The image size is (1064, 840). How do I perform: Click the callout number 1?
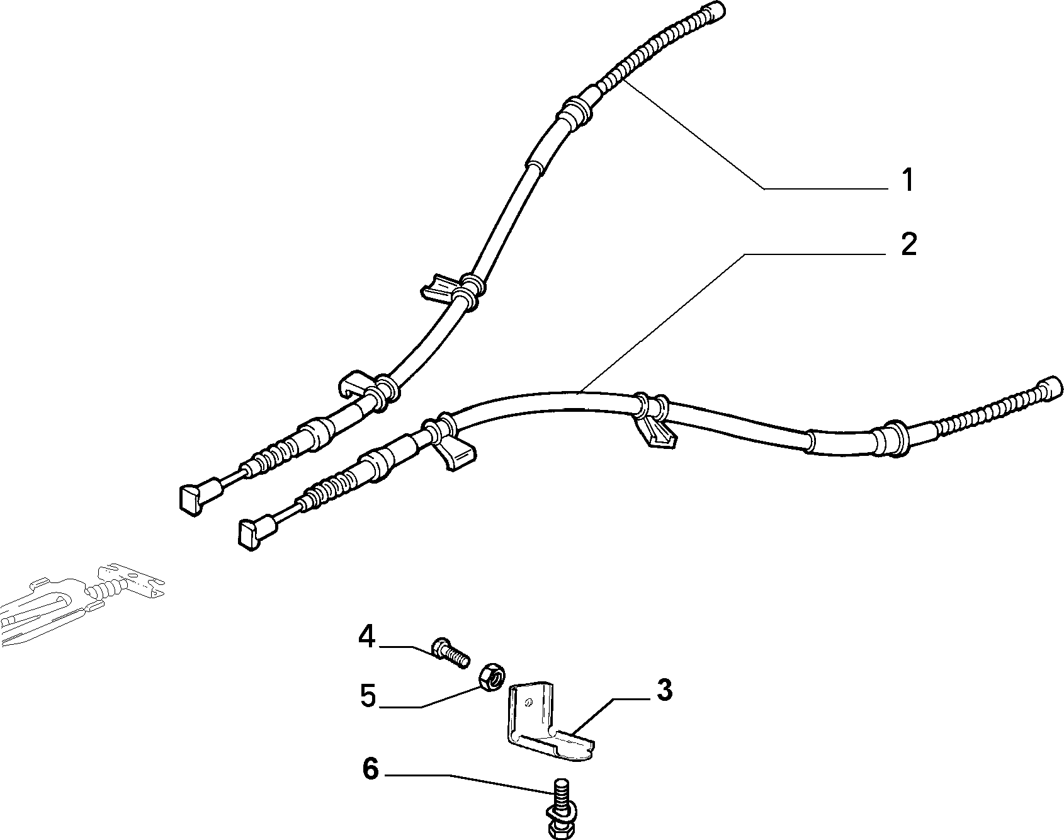(x=907, y=180)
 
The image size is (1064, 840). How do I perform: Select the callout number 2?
(x=908, y=244)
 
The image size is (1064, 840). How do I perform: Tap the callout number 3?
(x=664, y=690)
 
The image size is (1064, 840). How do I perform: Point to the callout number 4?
(x=367, y=637)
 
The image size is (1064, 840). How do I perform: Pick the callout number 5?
(x=368, y=696)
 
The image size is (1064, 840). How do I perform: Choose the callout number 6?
(x=371, y=769)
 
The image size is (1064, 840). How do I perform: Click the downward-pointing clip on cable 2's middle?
(x=655, y=434)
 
